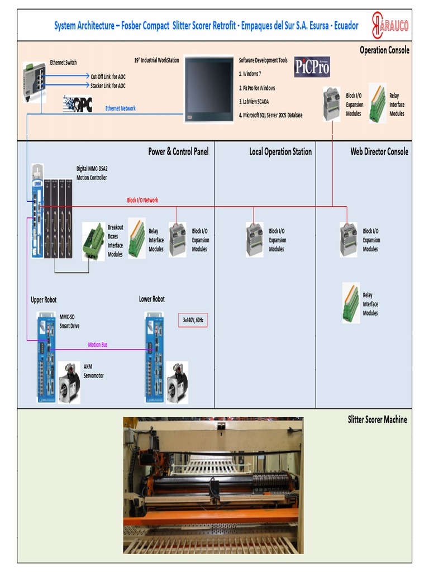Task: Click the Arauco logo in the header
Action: coord(390,25)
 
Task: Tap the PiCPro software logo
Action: coord(312,67)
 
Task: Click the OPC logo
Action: coord(78,103)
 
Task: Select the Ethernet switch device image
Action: coord(34,82)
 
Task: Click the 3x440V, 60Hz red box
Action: coord(193,320)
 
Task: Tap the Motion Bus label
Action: coord(98,345)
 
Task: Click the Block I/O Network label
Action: coord(142,200)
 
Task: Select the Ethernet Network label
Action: coord(120,108)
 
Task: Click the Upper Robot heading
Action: coord(44,300)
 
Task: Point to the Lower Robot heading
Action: coord(152,299)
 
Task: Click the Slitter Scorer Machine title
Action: coord(377,420)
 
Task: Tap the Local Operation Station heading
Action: coord(280,151)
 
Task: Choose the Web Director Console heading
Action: coord(379,151)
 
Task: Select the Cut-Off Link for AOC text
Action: coord(108,77)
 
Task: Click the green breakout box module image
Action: coord(93,241)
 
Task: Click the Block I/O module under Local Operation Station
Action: coord(255,240)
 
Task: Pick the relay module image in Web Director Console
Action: coord(351,303)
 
